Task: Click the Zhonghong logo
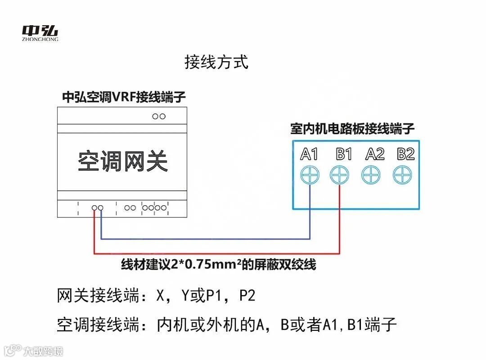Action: tap(40, 33)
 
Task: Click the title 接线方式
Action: tap(216, 62)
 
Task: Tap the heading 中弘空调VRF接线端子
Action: tap(124, 97)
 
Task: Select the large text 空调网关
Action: tap(123, 160)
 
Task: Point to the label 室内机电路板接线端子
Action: tap(352, 129)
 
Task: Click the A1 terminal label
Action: tap(309, 154)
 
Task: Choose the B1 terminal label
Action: tap(344, 154)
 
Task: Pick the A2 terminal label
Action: tap(375, 154)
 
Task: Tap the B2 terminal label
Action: tap(405, 154)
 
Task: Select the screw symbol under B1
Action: tap(340, 175)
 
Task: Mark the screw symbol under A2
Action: tap(371, 175)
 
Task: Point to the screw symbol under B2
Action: tap(402, 175)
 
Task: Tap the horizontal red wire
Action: tap(216, 254)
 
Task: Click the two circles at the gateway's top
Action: tap(158, 116)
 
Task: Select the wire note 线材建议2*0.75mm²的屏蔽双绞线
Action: tap(219, 265)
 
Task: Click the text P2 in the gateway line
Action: tap(247, 296)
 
